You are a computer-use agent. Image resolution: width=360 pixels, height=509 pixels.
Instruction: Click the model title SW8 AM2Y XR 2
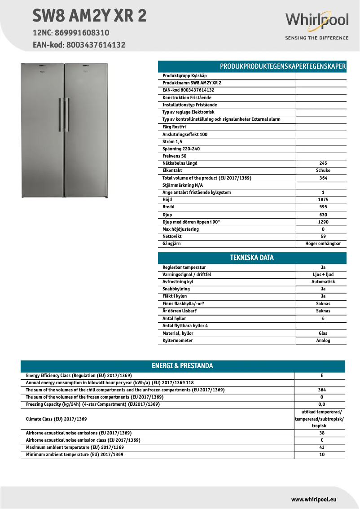89,16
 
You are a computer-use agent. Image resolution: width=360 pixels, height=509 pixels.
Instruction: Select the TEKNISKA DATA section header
252,258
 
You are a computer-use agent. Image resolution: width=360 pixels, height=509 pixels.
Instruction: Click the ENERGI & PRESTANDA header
182,366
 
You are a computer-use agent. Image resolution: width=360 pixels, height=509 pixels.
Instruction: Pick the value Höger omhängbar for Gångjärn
320,244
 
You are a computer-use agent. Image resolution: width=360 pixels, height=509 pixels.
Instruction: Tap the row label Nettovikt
172,237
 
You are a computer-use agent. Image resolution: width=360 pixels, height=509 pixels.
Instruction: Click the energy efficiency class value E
321,376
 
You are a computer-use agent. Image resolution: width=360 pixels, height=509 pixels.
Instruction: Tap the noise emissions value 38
321,433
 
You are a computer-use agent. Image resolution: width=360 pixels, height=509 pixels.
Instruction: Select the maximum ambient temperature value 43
321,448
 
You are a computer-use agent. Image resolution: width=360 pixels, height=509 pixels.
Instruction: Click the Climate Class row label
56,419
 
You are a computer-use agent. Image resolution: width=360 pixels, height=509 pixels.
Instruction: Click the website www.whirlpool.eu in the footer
313,499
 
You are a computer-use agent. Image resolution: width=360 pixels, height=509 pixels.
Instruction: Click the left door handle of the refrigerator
60,115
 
